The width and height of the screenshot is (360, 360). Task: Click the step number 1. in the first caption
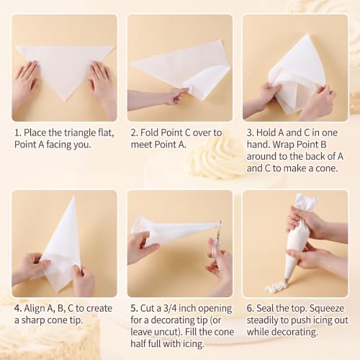18,132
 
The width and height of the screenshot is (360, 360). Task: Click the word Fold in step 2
150,132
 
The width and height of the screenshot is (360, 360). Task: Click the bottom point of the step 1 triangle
66,102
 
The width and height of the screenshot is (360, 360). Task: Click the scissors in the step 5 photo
217,243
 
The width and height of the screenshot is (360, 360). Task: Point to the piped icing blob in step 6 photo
276,287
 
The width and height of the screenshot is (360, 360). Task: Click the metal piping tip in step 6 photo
287,280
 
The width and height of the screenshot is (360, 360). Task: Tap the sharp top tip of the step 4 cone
74,197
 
